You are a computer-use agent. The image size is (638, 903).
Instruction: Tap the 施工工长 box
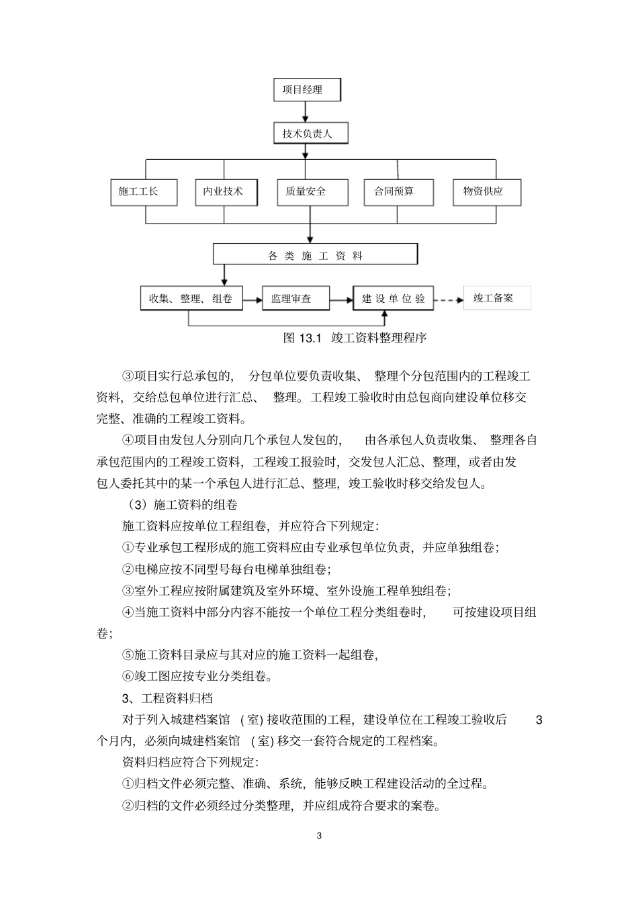point(144,192)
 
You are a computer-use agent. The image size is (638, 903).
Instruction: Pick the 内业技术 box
point(224,192)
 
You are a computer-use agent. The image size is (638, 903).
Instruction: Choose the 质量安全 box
point(312,192)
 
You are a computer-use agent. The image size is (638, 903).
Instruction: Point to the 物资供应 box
point(487,192)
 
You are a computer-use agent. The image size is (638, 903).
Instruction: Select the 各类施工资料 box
point(315,254)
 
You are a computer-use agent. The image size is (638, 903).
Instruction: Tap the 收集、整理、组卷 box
point(191,298)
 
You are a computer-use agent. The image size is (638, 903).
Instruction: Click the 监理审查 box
point(295,298)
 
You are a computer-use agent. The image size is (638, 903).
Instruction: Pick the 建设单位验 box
point(394,298)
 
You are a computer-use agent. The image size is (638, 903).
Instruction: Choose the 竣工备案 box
point(497,297)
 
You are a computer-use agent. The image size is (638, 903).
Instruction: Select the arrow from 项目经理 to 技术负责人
point(306,111)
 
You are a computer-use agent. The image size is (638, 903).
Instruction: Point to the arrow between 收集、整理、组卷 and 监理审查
point(251,299)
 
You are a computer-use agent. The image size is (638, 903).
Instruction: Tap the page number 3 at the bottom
point(319,836)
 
